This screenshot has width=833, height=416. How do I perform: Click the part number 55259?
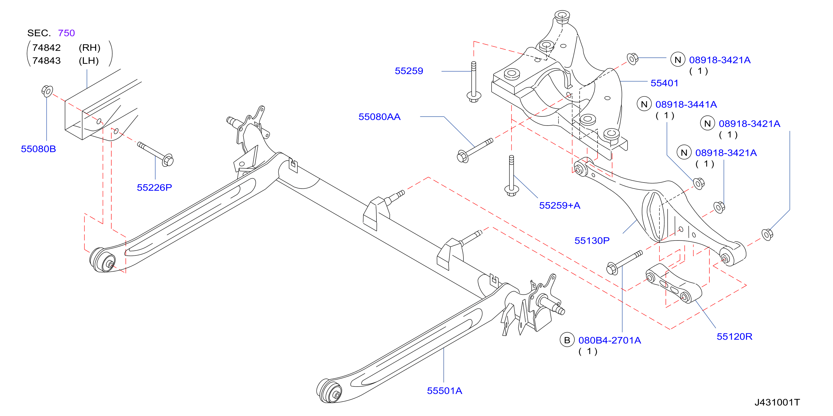[x=409, y=71]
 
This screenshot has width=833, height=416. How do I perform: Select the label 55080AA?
[x=379, y=117]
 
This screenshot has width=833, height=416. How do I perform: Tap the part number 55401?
[x=664, y=83]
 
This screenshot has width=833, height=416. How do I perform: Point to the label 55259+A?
[x=559, y=205]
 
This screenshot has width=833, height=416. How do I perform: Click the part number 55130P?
[x=592, y=241]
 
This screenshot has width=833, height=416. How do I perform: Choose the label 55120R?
[x=734, y=336]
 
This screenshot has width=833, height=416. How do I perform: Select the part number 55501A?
[x=444, y=391]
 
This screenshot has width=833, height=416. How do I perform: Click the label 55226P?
[x=154, y=188]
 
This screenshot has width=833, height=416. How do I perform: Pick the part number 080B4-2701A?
[x=610, y=340]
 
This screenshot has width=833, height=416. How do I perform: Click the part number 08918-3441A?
[x=686, y=104]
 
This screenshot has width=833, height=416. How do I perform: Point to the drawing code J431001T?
[x=777, y=403]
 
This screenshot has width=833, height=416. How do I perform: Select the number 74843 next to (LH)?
[x=47, y=61]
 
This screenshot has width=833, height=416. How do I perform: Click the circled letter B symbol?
[x=567, y=340]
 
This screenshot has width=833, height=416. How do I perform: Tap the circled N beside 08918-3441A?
[x=644, y=104]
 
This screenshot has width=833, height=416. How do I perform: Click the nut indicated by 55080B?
[x=47, y=91]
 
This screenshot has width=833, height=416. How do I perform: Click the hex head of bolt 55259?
[x=474, y=97]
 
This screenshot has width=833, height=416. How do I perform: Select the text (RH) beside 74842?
[x=89, y=48]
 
